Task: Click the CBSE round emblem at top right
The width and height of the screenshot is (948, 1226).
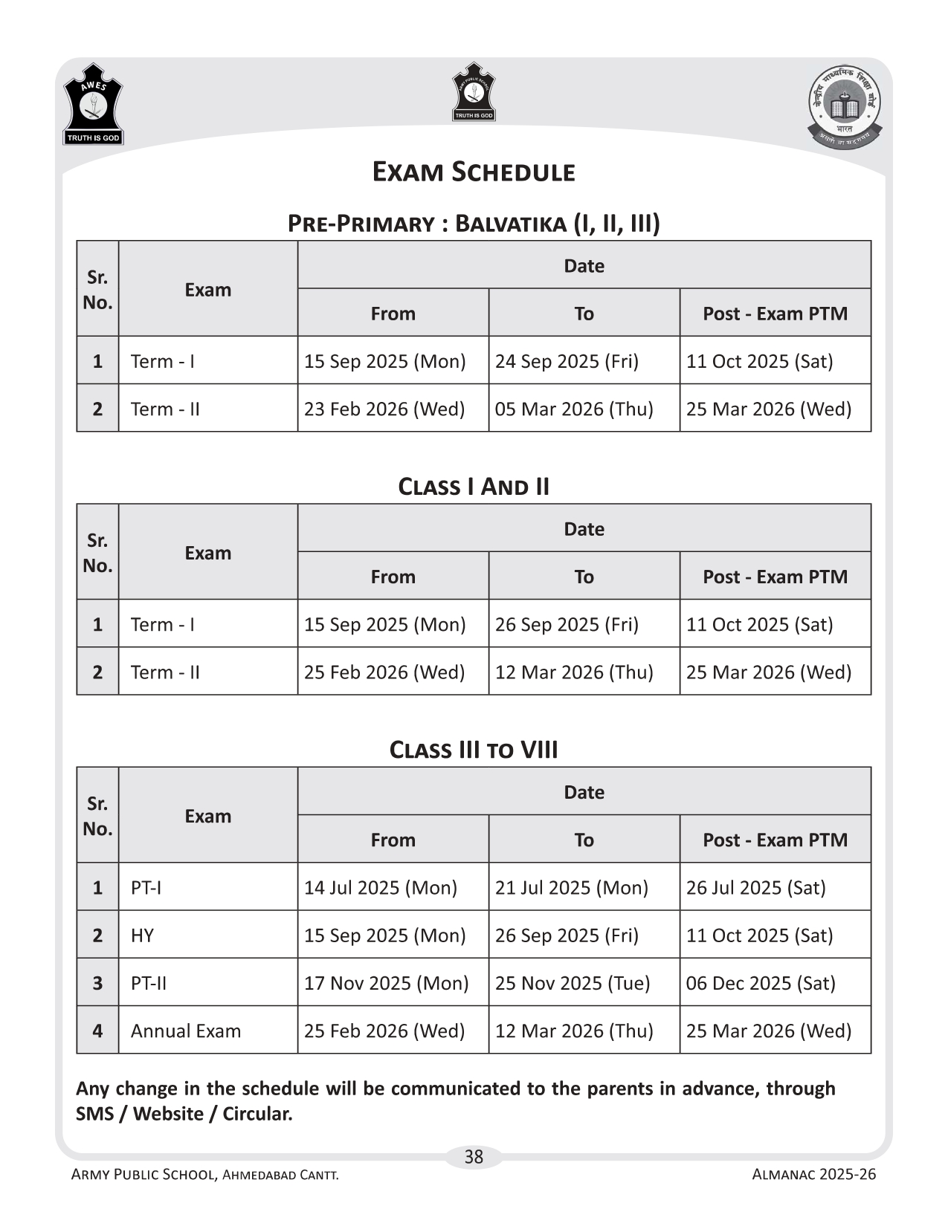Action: point(845,106)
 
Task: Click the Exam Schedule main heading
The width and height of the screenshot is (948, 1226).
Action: point(474,172)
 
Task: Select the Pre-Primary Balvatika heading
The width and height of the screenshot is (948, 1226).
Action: point(474,223)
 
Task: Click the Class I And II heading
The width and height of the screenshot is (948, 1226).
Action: point(474,487)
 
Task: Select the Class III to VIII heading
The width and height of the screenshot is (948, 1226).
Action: point(474,750)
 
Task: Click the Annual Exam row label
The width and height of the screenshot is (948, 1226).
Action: point(186,1031)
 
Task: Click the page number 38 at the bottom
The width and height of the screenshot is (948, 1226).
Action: point(474,1157)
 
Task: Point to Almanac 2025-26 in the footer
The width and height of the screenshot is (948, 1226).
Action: point(814,1175)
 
